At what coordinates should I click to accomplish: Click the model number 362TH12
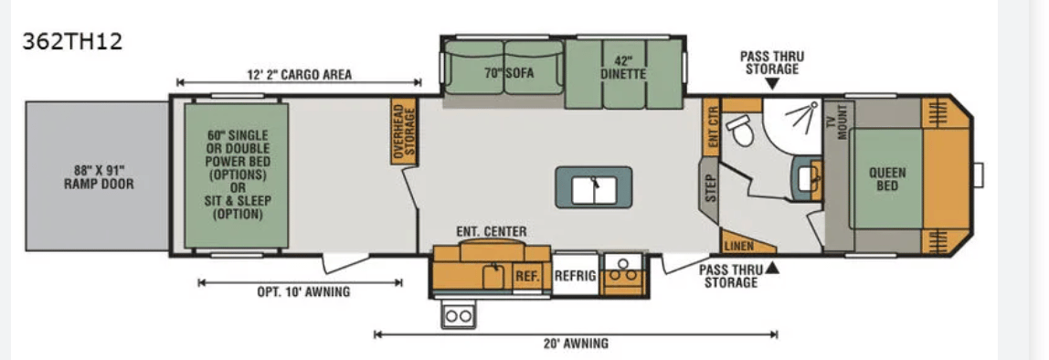[x=72, y=42]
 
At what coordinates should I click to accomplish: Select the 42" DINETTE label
[x=623, y=68]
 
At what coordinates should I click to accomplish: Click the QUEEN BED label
[x=887, y=179]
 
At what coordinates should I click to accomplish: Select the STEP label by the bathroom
[x=711, y=189]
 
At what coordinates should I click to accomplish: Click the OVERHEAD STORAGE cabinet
[x=404, y=132]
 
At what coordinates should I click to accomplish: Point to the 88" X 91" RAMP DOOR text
[x=99, y=176]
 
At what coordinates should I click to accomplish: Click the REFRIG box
[x=576, y=273]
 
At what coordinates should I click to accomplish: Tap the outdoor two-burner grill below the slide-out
[x=458, y=315]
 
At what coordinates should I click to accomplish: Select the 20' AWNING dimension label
[x=576, y=344]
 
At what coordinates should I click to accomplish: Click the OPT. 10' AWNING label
[x=303, y=291]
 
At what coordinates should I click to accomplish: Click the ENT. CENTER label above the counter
[x=491, y=231]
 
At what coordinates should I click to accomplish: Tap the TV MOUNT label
[x=836, y=122]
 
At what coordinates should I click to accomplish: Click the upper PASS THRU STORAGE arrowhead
[x=772, y=84]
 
